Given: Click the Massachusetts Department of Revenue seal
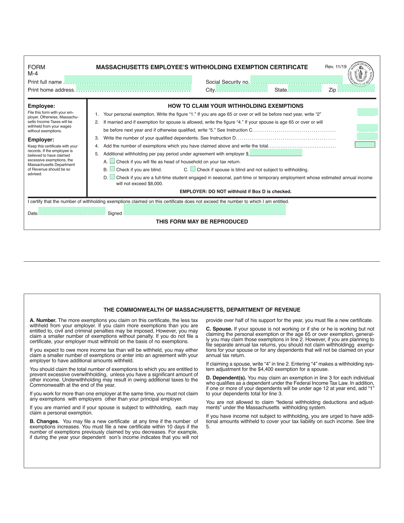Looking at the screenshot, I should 361,74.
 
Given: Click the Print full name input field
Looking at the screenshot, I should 128,80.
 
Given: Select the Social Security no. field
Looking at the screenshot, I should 296,80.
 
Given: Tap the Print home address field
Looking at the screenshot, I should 133,88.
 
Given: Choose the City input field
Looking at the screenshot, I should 241,88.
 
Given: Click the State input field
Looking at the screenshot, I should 305,88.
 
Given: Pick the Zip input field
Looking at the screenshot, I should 356,88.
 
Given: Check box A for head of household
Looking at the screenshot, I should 112,161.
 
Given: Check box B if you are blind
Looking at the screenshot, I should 112,169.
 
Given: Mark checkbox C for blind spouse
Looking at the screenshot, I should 193,169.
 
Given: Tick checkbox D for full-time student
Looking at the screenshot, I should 112,177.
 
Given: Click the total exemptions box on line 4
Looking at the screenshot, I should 365,145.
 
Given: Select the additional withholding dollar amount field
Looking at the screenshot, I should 275,153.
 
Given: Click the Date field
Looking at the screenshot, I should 72,211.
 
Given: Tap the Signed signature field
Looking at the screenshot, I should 204,210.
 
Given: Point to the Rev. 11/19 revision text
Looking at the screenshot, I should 336,67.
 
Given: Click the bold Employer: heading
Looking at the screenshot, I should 41,140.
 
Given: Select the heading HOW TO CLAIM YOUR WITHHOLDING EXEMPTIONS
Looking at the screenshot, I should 235,106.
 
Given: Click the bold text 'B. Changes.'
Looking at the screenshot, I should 44,421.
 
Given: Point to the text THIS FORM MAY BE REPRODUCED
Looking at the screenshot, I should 202,221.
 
